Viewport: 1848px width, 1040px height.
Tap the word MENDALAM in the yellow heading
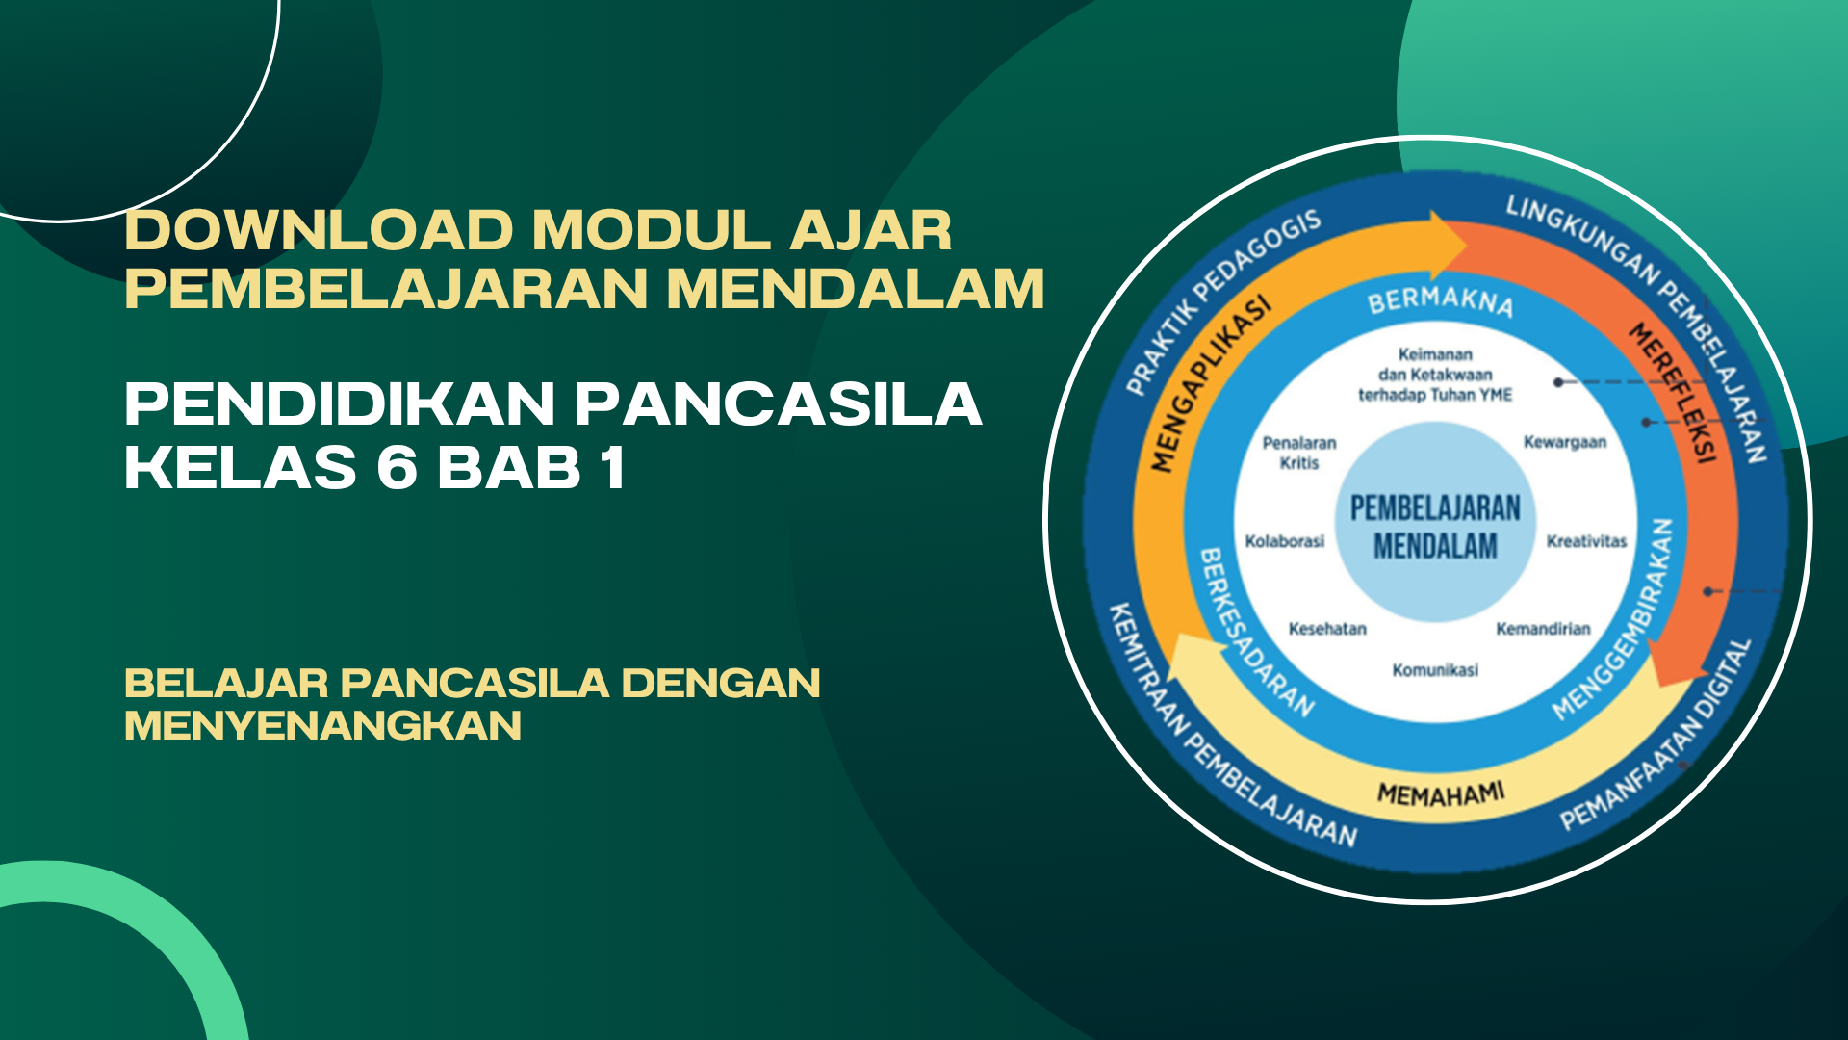856,289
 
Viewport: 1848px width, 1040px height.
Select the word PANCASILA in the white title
779,403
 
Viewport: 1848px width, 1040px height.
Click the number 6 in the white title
398,467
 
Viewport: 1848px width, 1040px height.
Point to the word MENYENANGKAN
323,725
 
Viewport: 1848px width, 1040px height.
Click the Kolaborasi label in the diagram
1285,541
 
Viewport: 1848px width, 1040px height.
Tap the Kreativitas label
1586,541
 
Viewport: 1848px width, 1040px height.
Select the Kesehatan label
1327,629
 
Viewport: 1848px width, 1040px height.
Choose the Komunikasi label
1435,670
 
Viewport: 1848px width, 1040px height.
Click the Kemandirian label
1543,629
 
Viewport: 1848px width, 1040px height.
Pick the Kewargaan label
1565,442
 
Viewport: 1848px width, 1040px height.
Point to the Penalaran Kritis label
1299,453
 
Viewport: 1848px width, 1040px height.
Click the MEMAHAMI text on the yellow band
1441,794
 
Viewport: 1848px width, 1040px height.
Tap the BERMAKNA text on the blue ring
1441,300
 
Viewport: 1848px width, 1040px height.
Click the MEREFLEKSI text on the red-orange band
1674,393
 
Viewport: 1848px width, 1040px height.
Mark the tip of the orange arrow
1467,247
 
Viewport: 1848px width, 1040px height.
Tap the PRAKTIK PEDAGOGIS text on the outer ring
1223,303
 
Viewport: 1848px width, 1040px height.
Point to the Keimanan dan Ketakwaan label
1435,375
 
